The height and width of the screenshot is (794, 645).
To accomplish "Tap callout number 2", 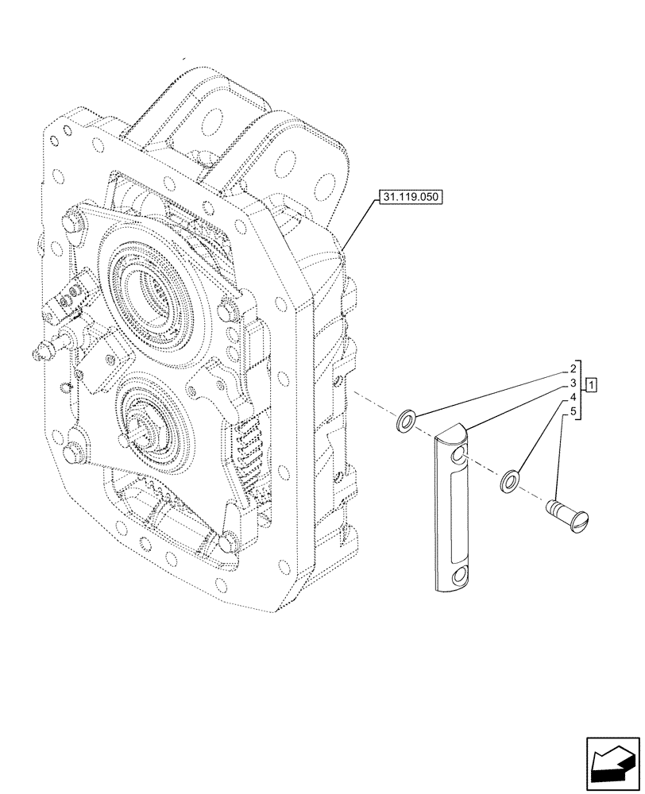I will point(572,369).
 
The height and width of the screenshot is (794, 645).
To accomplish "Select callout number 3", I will point(572,384).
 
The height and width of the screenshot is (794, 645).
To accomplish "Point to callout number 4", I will point(572,398).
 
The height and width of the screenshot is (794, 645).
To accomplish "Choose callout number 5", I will point(572,412).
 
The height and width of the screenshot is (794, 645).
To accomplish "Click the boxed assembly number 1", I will point(591,385).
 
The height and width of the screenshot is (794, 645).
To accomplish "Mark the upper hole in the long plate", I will point(458,456).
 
